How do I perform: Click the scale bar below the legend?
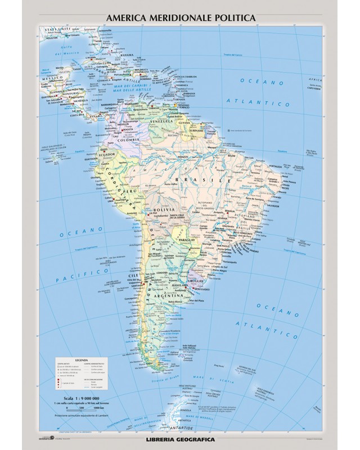pyautogui.click(x=79, y=409)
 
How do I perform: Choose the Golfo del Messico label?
pyautogui.click(x=71, y=49)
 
